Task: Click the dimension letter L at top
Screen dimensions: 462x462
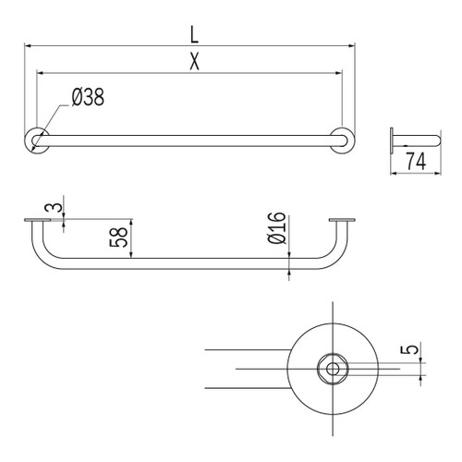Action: [x=193, y=34]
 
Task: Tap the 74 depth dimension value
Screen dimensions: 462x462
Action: [x=416, y=163]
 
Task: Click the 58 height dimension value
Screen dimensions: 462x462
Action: [x=118, y=238]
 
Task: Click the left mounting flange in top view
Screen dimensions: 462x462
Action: [x=36, y=140]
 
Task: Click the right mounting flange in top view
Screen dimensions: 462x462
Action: [x=343, y=140]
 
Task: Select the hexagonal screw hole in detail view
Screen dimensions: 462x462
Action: [x=331, y=368]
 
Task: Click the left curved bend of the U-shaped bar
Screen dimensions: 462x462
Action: [x=44, y=258]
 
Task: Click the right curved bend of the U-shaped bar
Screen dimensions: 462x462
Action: [x=334, y=258]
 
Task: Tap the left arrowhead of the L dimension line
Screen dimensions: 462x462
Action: [x=28, y=44]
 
